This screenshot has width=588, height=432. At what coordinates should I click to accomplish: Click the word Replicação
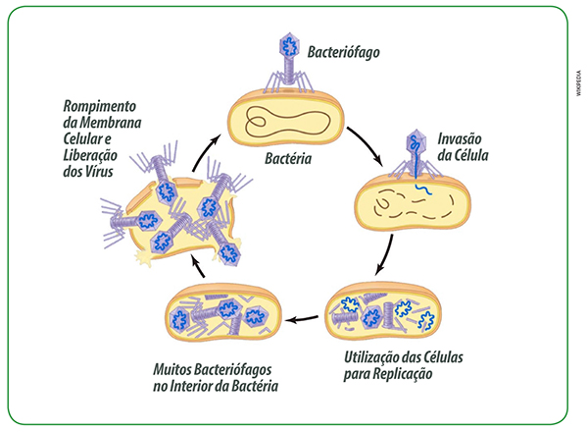tap(398, 375)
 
